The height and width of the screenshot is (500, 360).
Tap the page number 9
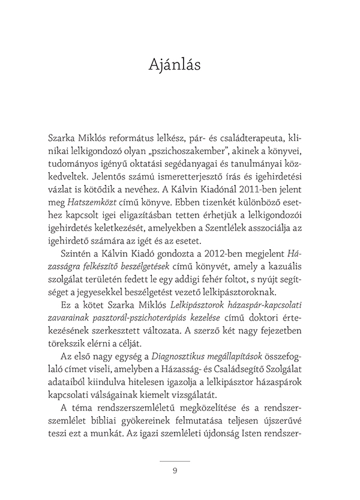(x=175, y=471)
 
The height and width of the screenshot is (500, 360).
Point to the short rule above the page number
(x=175, y=460)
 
